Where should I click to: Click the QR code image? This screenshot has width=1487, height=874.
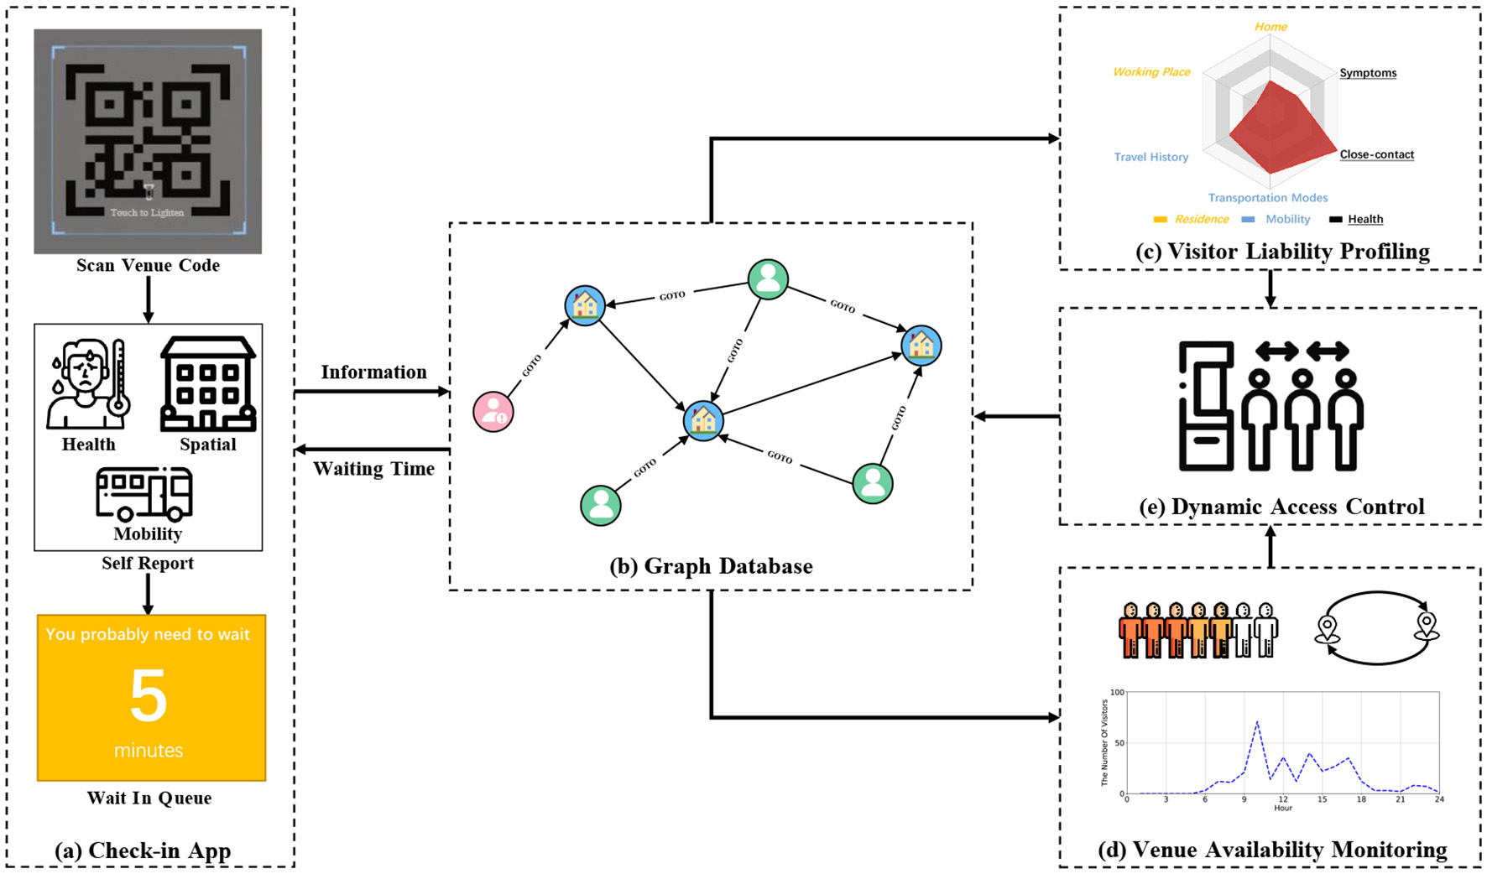point(148,141)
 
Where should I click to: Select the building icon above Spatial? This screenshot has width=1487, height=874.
point(207,384)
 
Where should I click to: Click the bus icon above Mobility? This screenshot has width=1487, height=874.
point(143,494)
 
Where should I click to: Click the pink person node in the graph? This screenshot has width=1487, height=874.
point(493,412)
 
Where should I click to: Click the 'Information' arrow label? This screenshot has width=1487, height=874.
point(373,372)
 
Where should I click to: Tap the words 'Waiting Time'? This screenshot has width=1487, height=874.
point(373,469)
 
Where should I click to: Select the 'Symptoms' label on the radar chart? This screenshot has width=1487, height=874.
point(1368,73)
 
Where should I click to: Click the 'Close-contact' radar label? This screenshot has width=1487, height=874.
point(1377,154)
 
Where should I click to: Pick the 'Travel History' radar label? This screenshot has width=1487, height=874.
point(1151,157)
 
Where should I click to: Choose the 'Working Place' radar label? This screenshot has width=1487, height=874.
point(1151,72)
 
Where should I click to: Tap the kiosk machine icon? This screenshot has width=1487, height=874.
point(1206,405)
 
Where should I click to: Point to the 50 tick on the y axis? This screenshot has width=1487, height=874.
point(1119,743)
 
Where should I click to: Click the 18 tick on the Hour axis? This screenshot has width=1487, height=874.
point(1361,799)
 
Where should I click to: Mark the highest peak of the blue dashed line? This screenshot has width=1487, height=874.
point(1257,721)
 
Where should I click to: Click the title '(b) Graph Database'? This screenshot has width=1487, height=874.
point(711,566)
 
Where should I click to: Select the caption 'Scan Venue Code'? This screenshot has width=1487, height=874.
point(148,265)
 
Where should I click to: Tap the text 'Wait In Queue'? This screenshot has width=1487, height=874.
point(149,798)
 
